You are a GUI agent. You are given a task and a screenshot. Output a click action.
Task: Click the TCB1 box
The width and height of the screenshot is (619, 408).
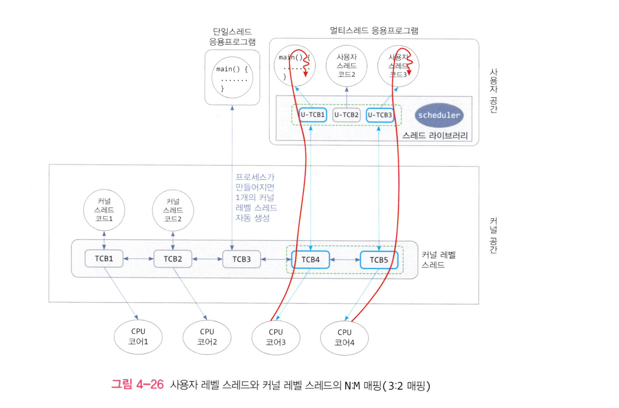click(x=104, y=259)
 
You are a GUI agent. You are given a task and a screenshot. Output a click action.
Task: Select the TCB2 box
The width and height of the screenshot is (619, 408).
click(x=173, y=259)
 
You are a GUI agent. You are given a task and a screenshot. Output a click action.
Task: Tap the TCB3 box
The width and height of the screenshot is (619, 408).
click(x=242, y=259)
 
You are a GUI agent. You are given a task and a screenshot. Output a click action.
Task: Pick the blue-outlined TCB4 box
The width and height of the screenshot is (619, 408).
click(x=310, y=260)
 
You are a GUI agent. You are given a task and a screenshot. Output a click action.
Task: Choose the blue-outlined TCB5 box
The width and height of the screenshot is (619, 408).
click(x=379, y=260)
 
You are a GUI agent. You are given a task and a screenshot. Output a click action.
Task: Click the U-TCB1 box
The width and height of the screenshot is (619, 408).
click(x=312, y=115)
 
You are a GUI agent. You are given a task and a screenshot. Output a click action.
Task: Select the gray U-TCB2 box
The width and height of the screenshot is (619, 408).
click(x=346, y=115)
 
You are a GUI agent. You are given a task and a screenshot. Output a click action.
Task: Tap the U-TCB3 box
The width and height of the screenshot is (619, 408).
click(x=380, y=115)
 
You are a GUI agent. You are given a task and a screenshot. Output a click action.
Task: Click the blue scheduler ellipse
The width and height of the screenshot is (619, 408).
click(x=439, y=115)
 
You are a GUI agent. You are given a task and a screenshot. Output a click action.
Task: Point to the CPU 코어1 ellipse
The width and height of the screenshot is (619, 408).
click(x=138, y=337)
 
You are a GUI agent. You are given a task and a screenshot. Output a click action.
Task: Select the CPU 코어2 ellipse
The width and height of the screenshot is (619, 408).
click(x=207, y=337)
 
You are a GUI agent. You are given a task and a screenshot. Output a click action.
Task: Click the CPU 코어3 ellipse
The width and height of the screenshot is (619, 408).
click(x=276, y=337)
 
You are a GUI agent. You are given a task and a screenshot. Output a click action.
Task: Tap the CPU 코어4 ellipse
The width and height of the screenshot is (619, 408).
click(x=344, y=338)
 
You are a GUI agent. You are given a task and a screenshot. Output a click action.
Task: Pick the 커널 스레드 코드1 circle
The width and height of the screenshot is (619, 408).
click(x=104, y=210)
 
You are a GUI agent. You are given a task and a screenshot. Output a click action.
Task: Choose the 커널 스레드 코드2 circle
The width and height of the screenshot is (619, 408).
click(x=173, y=210)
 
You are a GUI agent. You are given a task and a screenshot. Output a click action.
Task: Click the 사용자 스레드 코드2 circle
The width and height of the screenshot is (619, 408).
click(x=346, y=66)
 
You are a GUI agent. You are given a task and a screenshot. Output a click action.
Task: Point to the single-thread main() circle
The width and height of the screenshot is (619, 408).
click(x=232, y=78)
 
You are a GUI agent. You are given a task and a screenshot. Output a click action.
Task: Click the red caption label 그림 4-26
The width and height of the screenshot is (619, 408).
click(x=137, y=385)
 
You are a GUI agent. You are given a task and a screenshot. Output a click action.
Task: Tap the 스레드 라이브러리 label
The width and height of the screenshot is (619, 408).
click(x=435, y=136)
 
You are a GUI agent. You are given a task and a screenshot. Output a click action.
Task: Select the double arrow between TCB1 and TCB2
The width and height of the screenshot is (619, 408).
click(x=138, y=259)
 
